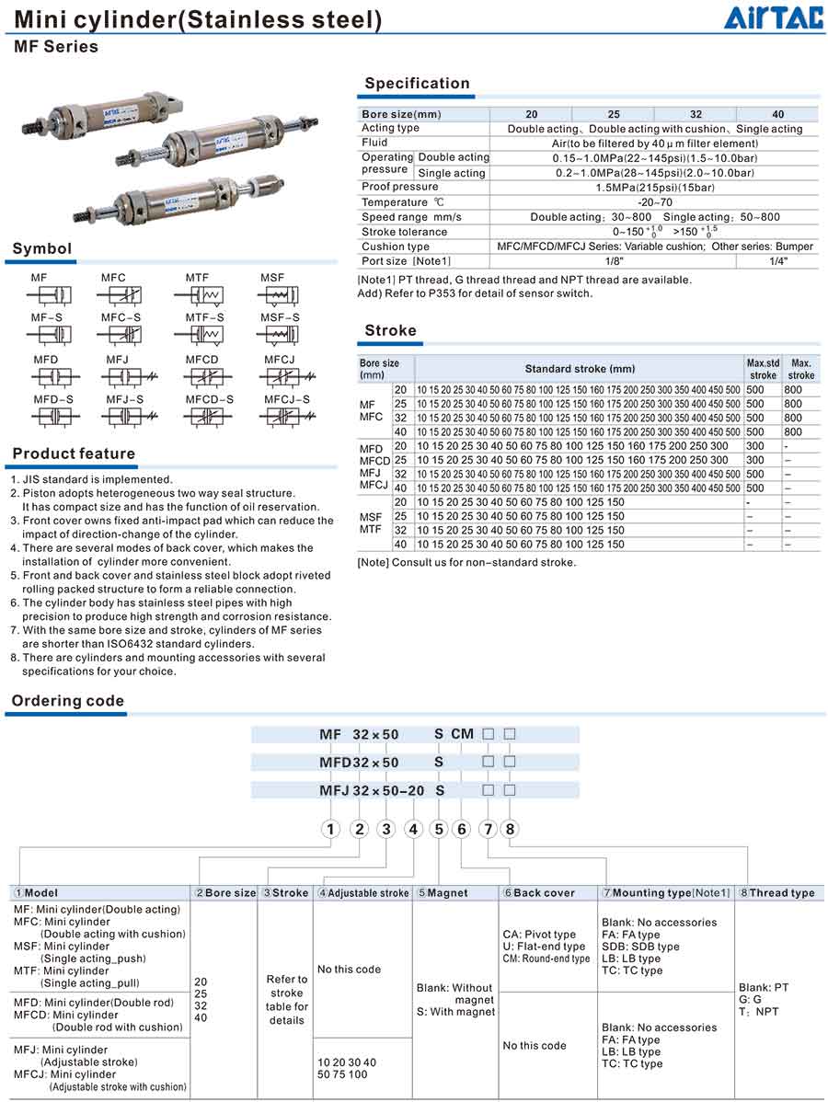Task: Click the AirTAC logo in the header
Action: pos(771,17)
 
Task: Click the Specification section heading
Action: pos(417,84)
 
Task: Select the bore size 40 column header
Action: pos(777,114)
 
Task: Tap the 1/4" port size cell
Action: pos(777,261)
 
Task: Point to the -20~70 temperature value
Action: pos(654,202)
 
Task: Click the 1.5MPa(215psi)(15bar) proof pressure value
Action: pos(654,188)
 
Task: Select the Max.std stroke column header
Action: pos(763,369)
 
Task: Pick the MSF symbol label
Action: pos(272,278)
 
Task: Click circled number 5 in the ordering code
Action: pos(439,829)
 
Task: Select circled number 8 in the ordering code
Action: pos(509,829)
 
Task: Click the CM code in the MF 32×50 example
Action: pos(462,734)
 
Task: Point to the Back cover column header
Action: pos(544,892)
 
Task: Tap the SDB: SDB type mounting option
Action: pos(640,947)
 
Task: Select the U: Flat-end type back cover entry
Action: pos(544,947)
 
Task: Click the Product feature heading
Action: pos(74,453)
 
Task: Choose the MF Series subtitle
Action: pos(55,47)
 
